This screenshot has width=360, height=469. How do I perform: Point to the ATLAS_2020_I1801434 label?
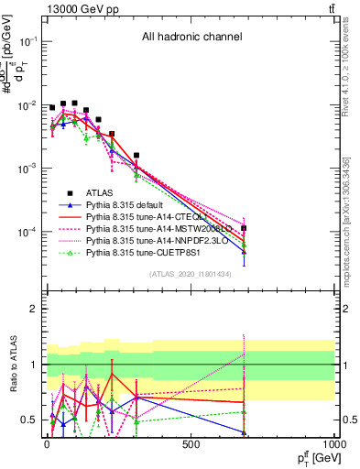tap(191, 275)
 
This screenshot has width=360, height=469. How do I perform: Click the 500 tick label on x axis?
tap(191, 444)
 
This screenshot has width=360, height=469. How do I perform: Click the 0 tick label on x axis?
tap(47, 444)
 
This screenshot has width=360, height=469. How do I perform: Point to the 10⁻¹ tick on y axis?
tap(27, 42)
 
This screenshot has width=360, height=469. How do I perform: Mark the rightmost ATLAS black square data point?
tap(244, 227)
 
